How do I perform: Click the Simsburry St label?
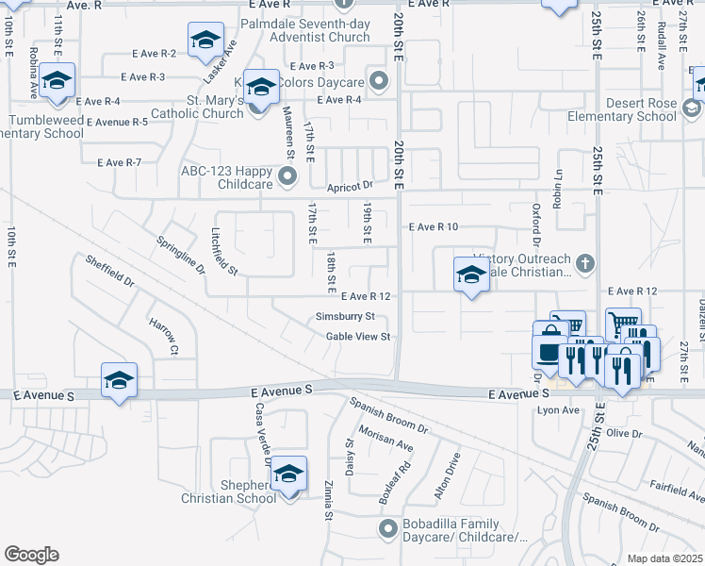(x=346, y=316)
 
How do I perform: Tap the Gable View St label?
(x=358, y=337)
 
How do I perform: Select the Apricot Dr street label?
(x=351, y=187)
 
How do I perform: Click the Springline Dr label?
(x=181, y=255)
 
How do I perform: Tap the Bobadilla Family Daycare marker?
(x=385, y=529)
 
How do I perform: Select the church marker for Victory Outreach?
(x=584, y=263)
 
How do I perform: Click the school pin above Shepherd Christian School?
(x=288, y=472)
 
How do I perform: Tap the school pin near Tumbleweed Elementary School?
(x=57, y=80)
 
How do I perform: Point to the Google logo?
(x=31, y=555)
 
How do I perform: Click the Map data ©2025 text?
(x=664, y=558)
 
